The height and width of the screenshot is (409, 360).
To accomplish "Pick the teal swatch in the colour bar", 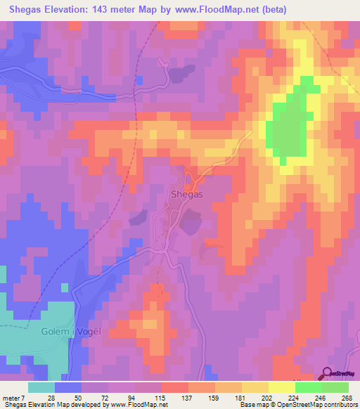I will [41, 387].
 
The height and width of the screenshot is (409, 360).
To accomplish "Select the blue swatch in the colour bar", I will [68, 387].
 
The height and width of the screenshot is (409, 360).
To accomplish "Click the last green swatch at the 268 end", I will [335, 387].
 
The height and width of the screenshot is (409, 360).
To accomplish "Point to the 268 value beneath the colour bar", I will [347, 398].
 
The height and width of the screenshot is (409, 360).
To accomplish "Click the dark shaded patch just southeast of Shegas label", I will [190, 223].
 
